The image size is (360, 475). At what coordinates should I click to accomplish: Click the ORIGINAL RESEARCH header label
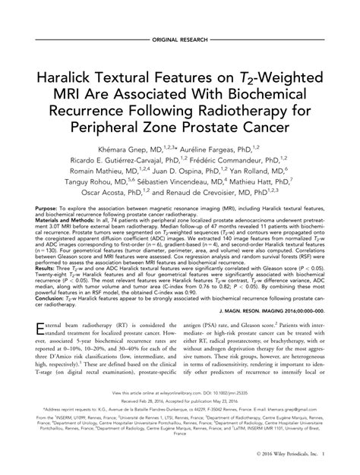180,37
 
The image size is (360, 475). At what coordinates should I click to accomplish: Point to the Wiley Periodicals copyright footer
295,465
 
